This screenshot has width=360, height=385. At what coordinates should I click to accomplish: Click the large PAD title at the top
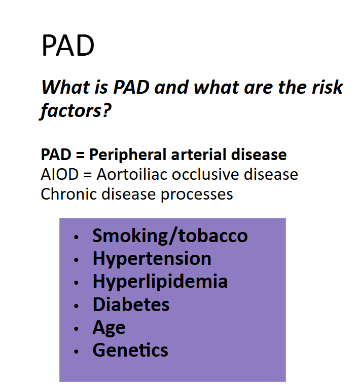[68, 46]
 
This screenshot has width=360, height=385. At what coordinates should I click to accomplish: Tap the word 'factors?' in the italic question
[76, 110]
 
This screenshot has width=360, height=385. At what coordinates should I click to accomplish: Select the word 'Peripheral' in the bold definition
[128, 155]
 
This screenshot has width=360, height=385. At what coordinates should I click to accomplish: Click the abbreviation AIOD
[60, 175]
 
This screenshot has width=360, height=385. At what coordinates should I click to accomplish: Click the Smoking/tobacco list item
[170, 236]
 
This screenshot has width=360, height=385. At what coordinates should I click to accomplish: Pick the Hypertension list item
[152, 259]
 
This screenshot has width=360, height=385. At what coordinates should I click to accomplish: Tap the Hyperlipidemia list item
[160, 282]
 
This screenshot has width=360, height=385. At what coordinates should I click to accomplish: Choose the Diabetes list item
[131, 304]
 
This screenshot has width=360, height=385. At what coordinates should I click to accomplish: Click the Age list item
[109, 328]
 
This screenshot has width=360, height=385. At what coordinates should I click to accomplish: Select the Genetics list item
[130, 350]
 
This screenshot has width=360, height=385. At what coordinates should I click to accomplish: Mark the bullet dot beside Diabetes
[76, 306]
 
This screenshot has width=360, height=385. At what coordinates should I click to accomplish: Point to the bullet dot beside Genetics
[76, 352]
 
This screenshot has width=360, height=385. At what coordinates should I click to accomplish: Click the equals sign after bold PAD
[80, 155]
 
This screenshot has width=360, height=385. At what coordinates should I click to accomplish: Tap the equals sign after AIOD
[88, 175]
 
